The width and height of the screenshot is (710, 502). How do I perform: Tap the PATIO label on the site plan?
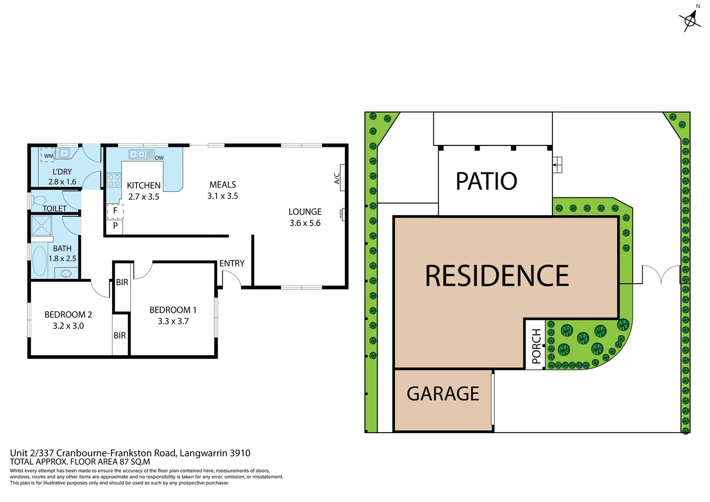pos(486,181)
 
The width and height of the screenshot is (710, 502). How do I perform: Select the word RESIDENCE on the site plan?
pos(496,276)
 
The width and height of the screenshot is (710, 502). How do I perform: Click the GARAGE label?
pos(442,394)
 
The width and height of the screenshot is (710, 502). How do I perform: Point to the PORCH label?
pos(536,346)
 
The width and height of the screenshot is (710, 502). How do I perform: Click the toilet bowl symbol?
pos(39,201)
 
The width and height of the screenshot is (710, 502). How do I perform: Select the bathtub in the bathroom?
pos(39,261)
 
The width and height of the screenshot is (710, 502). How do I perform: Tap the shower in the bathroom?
pos(41,226)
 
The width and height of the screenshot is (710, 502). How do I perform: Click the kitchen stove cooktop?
pos(114,180)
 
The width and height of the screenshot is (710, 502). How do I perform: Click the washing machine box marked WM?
pos(48,155)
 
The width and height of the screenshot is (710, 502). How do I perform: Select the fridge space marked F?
pos(115,211)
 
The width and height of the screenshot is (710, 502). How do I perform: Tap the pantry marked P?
pos(115,226)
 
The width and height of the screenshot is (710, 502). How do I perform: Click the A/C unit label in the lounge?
pos(337,178)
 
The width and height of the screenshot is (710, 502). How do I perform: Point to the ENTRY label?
pos(232,264)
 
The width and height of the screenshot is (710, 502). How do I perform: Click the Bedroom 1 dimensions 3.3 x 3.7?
pos(173,321)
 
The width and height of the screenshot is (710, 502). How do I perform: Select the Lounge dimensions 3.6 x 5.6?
pos(305,223)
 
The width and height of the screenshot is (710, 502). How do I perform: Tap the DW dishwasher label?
pos(159,158)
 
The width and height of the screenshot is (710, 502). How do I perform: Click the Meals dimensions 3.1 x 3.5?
pos(223,196)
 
